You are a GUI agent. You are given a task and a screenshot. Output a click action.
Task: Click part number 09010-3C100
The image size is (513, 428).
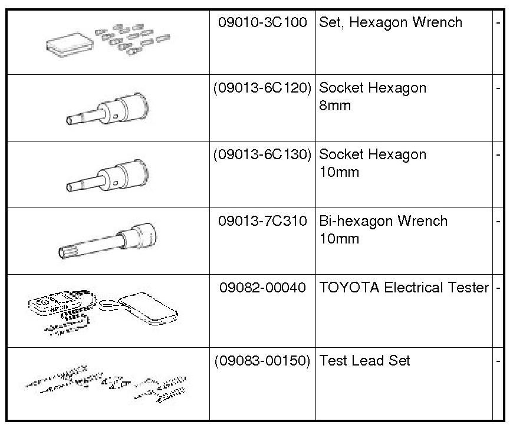262,23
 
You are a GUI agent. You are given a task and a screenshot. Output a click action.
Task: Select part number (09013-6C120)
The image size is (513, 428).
262,88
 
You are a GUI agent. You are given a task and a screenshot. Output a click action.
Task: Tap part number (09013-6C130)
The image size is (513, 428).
262,155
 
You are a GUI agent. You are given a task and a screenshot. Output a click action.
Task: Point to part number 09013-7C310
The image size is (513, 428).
262,222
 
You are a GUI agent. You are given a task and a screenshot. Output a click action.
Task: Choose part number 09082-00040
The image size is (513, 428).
262,288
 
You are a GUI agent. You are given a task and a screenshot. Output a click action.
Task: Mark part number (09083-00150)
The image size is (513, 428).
262,361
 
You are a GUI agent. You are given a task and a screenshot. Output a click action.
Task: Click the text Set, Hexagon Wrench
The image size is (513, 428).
390,23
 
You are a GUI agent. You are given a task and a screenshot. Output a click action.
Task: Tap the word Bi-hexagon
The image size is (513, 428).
355,222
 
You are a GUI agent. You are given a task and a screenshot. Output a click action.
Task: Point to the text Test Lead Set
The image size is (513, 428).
364,361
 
